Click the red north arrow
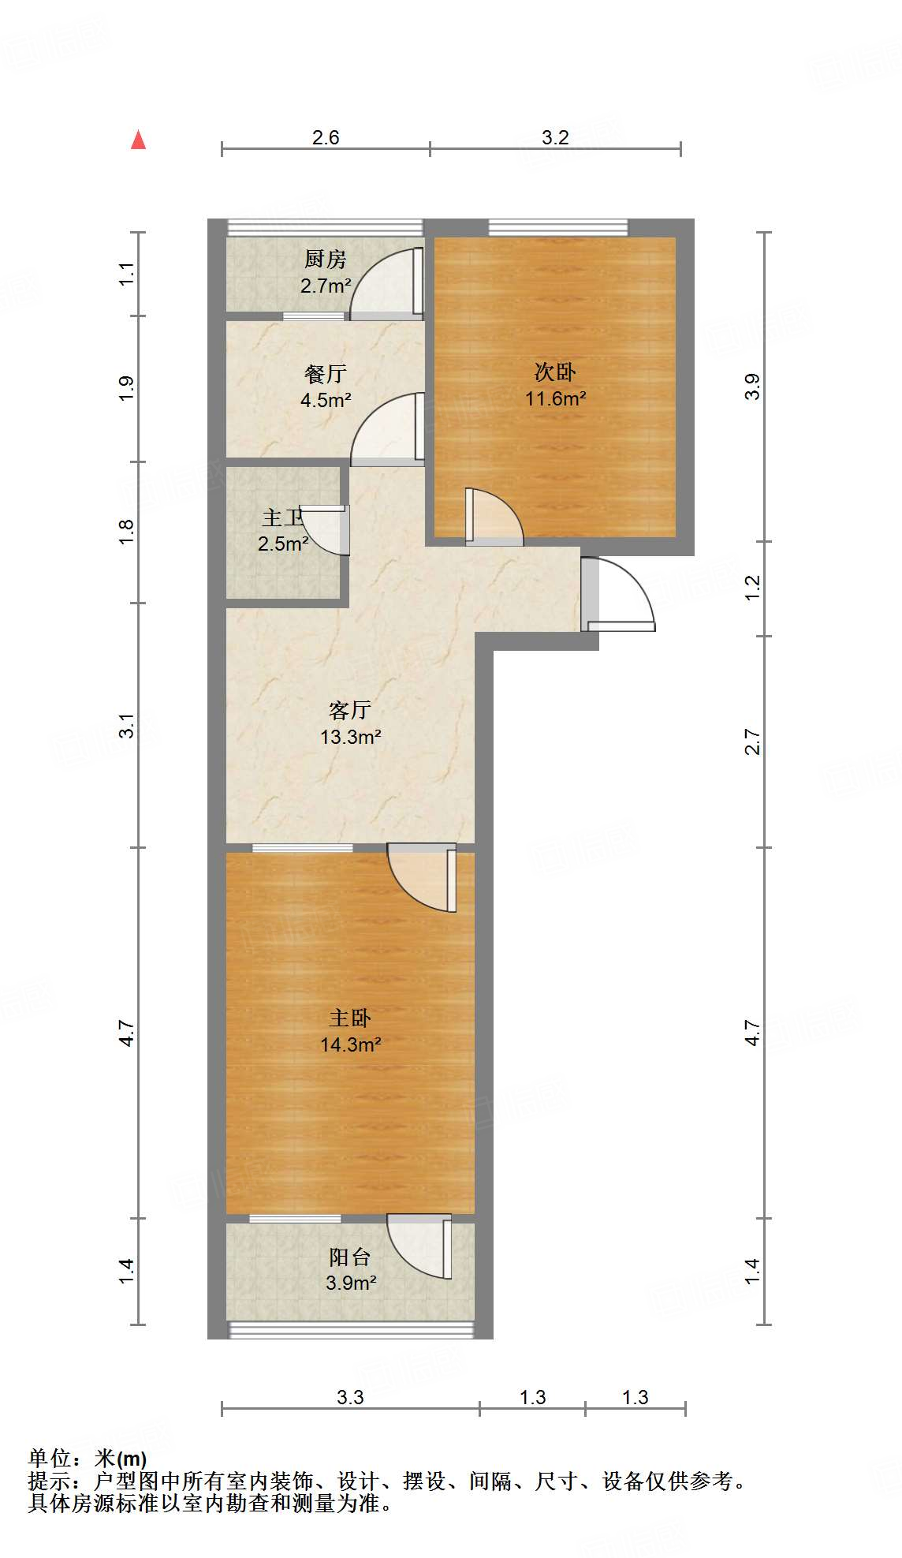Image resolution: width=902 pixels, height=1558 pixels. pyautogui.click(x=139, y=140)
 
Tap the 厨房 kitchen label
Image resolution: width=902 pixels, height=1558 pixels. pyautogui.click(x=325, y=260)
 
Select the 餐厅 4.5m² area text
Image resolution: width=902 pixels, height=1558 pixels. pyautogui.click(x=325, y=400)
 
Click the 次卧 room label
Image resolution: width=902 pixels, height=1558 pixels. pyautogui.click(x=555, y=372)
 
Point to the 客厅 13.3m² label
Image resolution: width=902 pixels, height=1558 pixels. pyautogui.click(x=350, y=723)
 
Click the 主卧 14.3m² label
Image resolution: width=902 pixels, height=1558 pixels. pyautogui.click(x=350, y=1031)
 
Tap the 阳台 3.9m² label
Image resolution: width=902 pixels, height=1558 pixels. pyautogui.click(x=350, y=1270)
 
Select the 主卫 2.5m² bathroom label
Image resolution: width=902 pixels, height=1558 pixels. pyautogui.click(x=283, y=530)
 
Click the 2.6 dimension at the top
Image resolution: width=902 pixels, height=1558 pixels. pyautogui.click(x=325, y=137)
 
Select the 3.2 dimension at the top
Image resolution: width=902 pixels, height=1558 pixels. pyautogui.click(x=555, y=137)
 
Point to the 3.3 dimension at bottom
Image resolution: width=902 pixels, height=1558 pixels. pyautogui.click(x=350, y=1397)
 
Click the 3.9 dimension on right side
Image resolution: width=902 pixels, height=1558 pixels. pyautogui.click(x=753, y=387)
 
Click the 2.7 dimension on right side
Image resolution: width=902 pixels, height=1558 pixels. pyautogui.click(x=753, y=742)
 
